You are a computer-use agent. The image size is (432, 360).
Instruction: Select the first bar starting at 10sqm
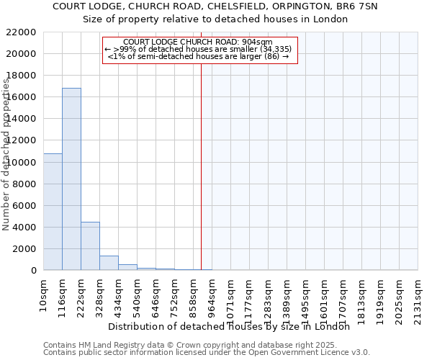pyautogui.click(x=53, y=212)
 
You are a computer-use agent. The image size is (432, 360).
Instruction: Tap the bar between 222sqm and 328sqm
pyautogui.click(x=90, y=246)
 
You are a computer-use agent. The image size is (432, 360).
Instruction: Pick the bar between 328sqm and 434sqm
pyautogui.click(x=109, y=263)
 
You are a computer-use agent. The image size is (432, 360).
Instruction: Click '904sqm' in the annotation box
pyautogui.click(x=258, y=42)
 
